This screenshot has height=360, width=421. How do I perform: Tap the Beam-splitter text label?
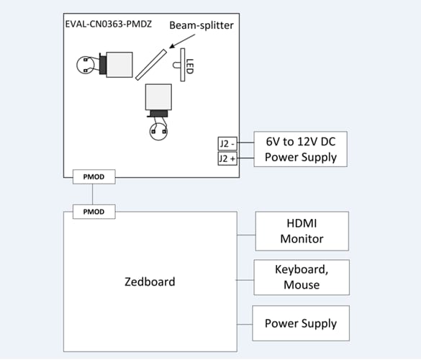pos(202,24)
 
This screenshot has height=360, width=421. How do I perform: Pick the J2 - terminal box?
pos(228,143)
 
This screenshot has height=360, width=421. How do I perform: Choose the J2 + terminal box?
pos(228,158)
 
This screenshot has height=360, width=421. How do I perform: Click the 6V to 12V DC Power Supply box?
pos(301,150)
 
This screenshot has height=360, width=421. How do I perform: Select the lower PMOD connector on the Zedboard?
pos(94,211)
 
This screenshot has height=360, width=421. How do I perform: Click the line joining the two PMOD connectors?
pos(94,194)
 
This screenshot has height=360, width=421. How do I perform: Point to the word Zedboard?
pos(150,281)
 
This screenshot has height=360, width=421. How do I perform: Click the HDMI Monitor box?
pos(302,231)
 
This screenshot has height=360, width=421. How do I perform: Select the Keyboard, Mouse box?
pos(302,277)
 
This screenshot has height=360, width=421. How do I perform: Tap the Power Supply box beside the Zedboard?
pos(300,323)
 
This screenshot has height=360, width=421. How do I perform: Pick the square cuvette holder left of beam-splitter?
pos(119,65)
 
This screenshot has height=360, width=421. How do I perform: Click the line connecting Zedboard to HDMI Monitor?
pos(246,235)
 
